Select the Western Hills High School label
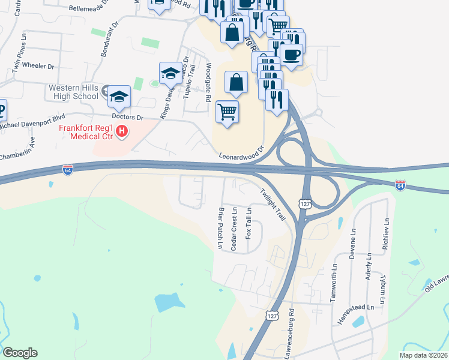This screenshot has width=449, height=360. pos(73,92)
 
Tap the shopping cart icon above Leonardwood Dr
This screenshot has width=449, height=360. pos(228,111)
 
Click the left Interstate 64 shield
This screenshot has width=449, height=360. pos(68,170)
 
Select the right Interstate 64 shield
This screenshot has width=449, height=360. pos(400,185)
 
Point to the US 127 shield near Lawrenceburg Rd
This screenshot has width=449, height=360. pos(273,316)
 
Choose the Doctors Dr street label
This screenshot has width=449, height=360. pos(127,117)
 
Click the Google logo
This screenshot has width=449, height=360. pos(20,353)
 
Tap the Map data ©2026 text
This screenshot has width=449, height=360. pos(424,355)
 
